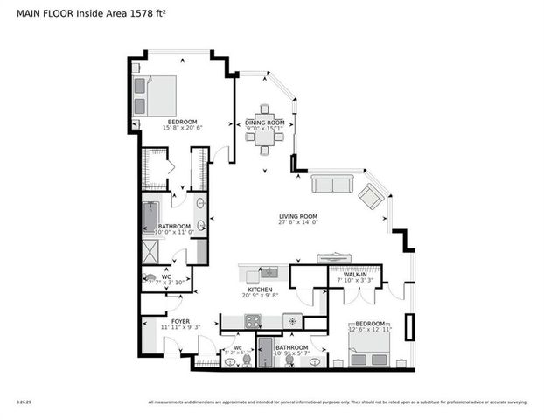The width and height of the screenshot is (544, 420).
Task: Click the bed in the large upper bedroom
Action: tap(155, 92)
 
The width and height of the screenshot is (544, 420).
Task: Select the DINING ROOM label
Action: tap(264, 122)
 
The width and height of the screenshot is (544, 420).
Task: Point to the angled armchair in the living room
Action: tap(371, 197)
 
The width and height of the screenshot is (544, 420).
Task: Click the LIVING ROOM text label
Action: tap(297, 216)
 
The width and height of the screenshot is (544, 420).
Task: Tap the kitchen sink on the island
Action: tap(268, 272)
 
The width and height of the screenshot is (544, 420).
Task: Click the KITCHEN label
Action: tap(259, 290)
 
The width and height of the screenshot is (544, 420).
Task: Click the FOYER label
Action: tap(180, 321)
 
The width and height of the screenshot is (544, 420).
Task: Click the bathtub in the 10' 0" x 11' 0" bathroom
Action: tap(150, 214)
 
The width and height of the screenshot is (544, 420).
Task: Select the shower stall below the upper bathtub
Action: tap(151, 250)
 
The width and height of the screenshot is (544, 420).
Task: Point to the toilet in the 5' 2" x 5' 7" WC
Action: tap(246, 360)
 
